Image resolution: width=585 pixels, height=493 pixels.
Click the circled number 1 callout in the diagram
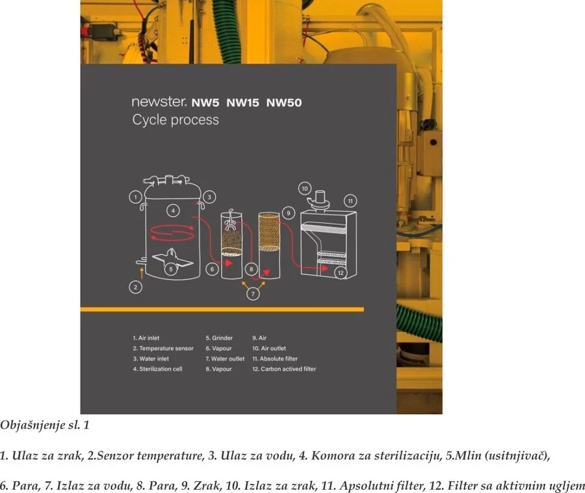(x=135, y=196)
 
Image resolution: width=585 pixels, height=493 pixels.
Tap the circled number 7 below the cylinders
(x=253, y=294)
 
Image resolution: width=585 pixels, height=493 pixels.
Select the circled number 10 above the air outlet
(x=305, y=189)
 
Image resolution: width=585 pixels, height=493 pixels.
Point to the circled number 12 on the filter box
(x=341, y=273)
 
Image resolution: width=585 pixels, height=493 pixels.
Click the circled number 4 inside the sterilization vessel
(x=173, y=211)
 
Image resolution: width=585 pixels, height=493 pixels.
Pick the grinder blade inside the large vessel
(x=173, y=258)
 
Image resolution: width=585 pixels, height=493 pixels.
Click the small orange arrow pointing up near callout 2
(x=142, y=273)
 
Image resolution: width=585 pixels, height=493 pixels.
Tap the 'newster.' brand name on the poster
(x=159, y=101)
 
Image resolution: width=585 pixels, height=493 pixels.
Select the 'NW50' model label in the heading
(x=284, y=103)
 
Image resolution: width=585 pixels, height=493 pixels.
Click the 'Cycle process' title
(x=175, y=120)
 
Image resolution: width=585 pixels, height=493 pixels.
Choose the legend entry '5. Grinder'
(x=219, y=338)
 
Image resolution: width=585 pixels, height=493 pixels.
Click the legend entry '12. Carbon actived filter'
(x=284, y=369)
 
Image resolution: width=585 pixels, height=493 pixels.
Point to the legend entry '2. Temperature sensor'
(x=163, y=348)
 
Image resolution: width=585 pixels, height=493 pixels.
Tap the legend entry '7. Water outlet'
(x=225, y=358)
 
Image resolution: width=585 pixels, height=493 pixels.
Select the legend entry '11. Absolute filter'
(x=275, y=358)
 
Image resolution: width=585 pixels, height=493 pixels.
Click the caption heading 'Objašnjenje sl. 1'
(x=45, y=425)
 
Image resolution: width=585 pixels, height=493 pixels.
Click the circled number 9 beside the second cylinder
(x=289, y=213)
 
